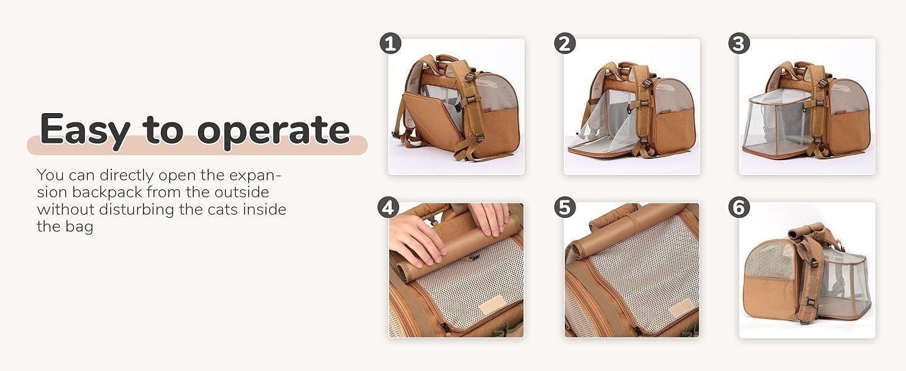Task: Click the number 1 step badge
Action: pos(390,44)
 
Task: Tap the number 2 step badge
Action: pos(565,43)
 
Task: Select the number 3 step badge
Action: pos(739,43)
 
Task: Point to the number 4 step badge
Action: pos(388,207)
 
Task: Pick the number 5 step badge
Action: pos(564,207)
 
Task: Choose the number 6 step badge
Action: pos(739,208)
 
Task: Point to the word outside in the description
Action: pos(240,192)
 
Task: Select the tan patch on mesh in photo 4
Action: pos(493,304)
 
